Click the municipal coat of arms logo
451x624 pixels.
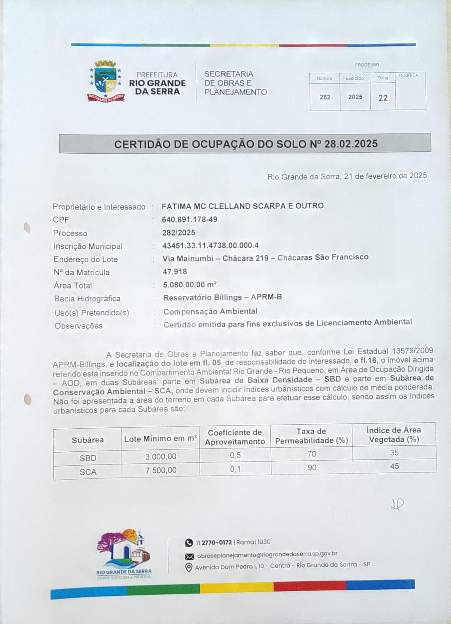pyautogui.click(x=106, y=80)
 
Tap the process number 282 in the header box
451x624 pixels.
pyautogui.click(x=325, y=97)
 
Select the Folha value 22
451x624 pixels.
pyautogui.click(x=383, y=98)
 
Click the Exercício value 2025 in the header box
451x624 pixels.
pyautogui.click(x=355, y=97)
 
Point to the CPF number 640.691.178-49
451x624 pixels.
pyautogui.click(x=190, y=220)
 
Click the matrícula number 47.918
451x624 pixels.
pyautogui.click(x=175, y=272)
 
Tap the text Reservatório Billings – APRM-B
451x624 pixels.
pyautogui.click(x=223, y=298)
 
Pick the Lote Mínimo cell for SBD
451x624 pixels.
pyautogui.click(x=161, y=457)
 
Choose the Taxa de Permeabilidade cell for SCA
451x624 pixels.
pyautogui.click(x=312, y=468)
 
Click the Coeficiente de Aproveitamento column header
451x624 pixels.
pyautogui.click(x=235, y=437)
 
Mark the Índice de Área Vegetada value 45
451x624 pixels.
pyautogui.click(x=395, y=467)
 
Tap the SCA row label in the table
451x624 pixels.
pyautogui.click(x=88, y=471)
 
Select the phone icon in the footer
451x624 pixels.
pyautogui.click(x=189, y=542)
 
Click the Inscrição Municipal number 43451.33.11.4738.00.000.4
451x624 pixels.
pyautogui.click(x=211, y=246)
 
